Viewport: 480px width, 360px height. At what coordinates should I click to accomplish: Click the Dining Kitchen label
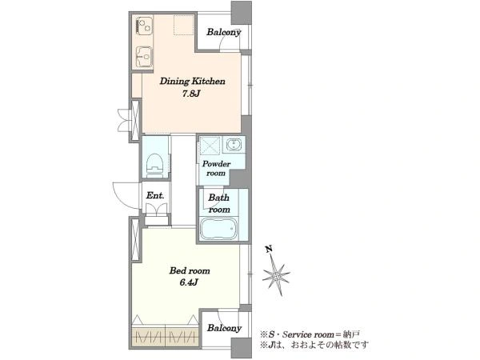(192, 82)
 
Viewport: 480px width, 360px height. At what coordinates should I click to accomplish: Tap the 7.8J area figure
(191, 94)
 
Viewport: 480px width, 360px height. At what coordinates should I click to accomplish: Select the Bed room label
(190, 270)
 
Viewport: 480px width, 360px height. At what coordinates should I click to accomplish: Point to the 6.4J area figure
(189, 282)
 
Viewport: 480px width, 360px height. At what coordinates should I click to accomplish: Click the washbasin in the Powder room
(234, 145)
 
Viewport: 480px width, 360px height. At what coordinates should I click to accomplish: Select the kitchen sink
(143, 56)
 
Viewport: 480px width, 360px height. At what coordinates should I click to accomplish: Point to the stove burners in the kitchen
(143, 25)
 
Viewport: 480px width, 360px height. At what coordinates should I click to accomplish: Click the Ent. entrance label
(155, 195)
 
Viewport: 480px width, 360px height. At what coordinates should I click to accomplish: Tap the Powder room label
(216, 168)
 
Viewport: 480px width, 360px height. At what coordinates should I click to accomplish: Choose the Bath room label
(219, 203)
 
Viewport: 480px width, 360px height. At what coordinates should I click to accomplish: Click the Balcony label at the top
(224, 32)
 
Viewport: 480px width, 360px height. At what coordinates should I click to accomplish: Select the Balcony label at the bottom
(224, 329)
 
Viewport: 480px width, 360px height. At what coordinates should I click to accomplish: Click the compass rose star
(277, 275)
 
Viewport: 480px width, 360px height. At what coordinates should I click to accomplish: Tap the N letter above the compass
(269, 249)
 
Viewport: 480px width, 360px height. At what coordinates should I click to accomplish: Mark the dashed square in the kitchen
(184, 25)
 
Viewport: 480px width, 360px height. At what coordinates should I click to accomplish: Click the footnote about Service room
(310, 334)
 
